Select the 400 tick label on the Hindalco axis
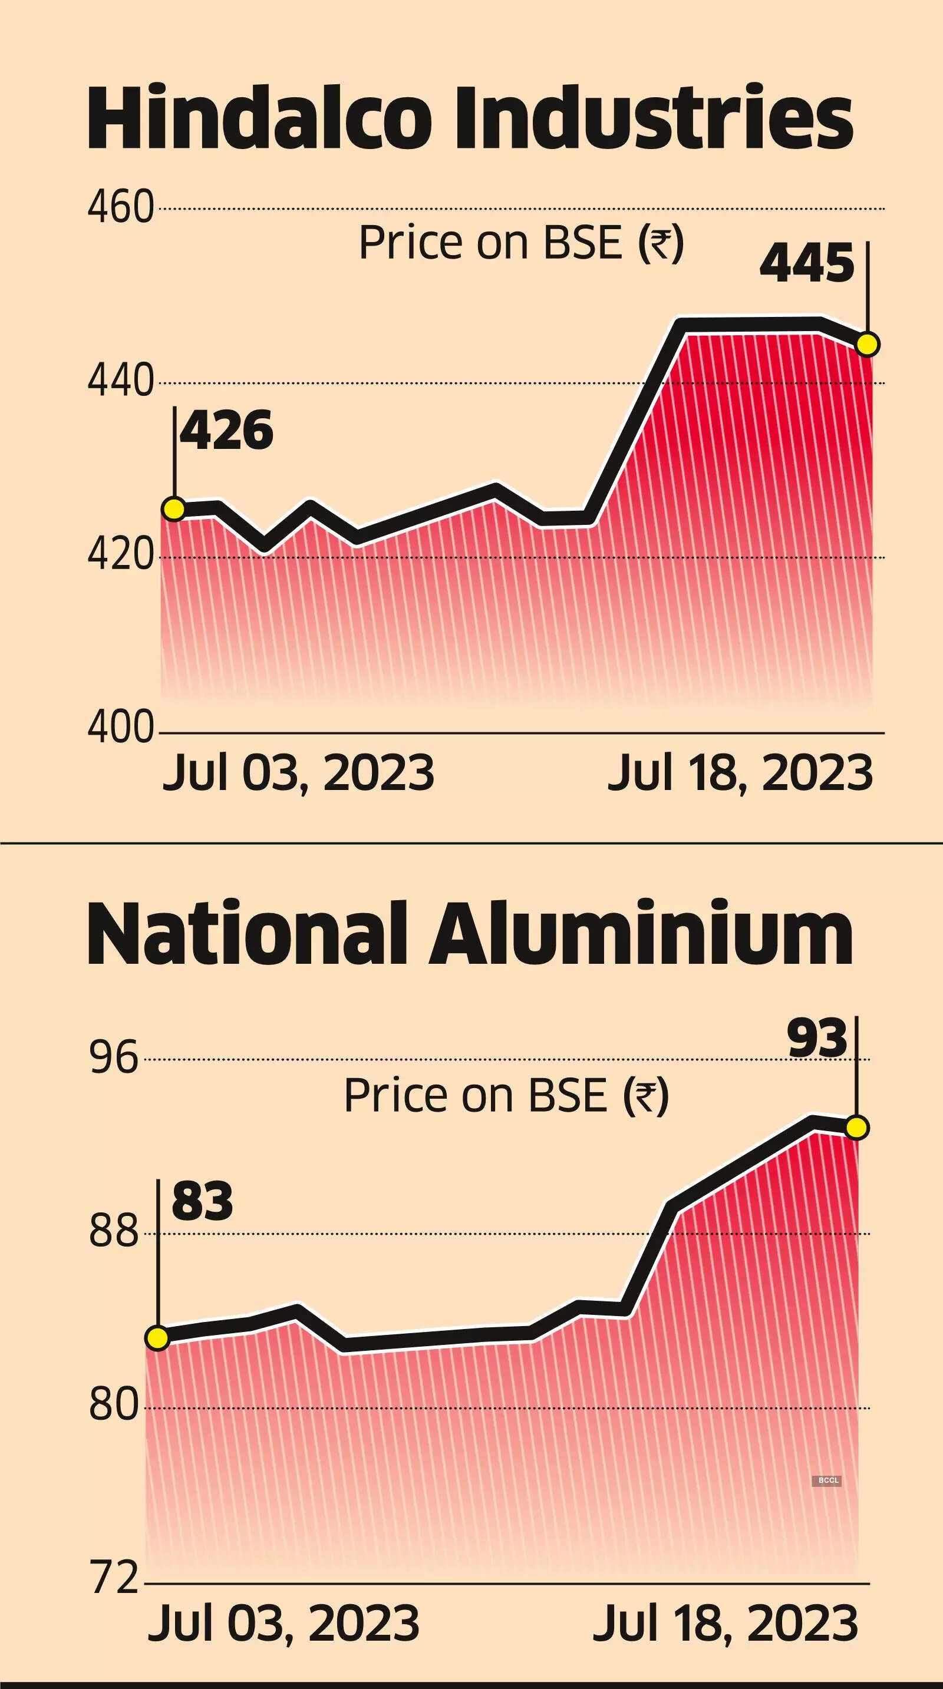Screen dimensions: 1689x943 tap(121, 729)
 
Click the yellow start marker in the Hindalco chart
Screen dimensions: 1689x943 tap(174, 509)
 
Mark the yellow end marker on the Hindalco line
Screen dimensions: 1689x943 tap(868, 344)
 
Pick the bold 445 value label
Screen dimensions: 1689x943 tap(807, 263)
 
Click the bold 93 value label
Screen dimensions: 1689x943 tap(817, 1039)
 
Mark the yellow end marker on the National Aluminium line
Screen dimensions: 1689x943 tap(857, 1128)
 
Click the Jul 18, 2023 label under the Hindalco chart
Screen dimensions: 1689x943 tap(740, 774)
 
